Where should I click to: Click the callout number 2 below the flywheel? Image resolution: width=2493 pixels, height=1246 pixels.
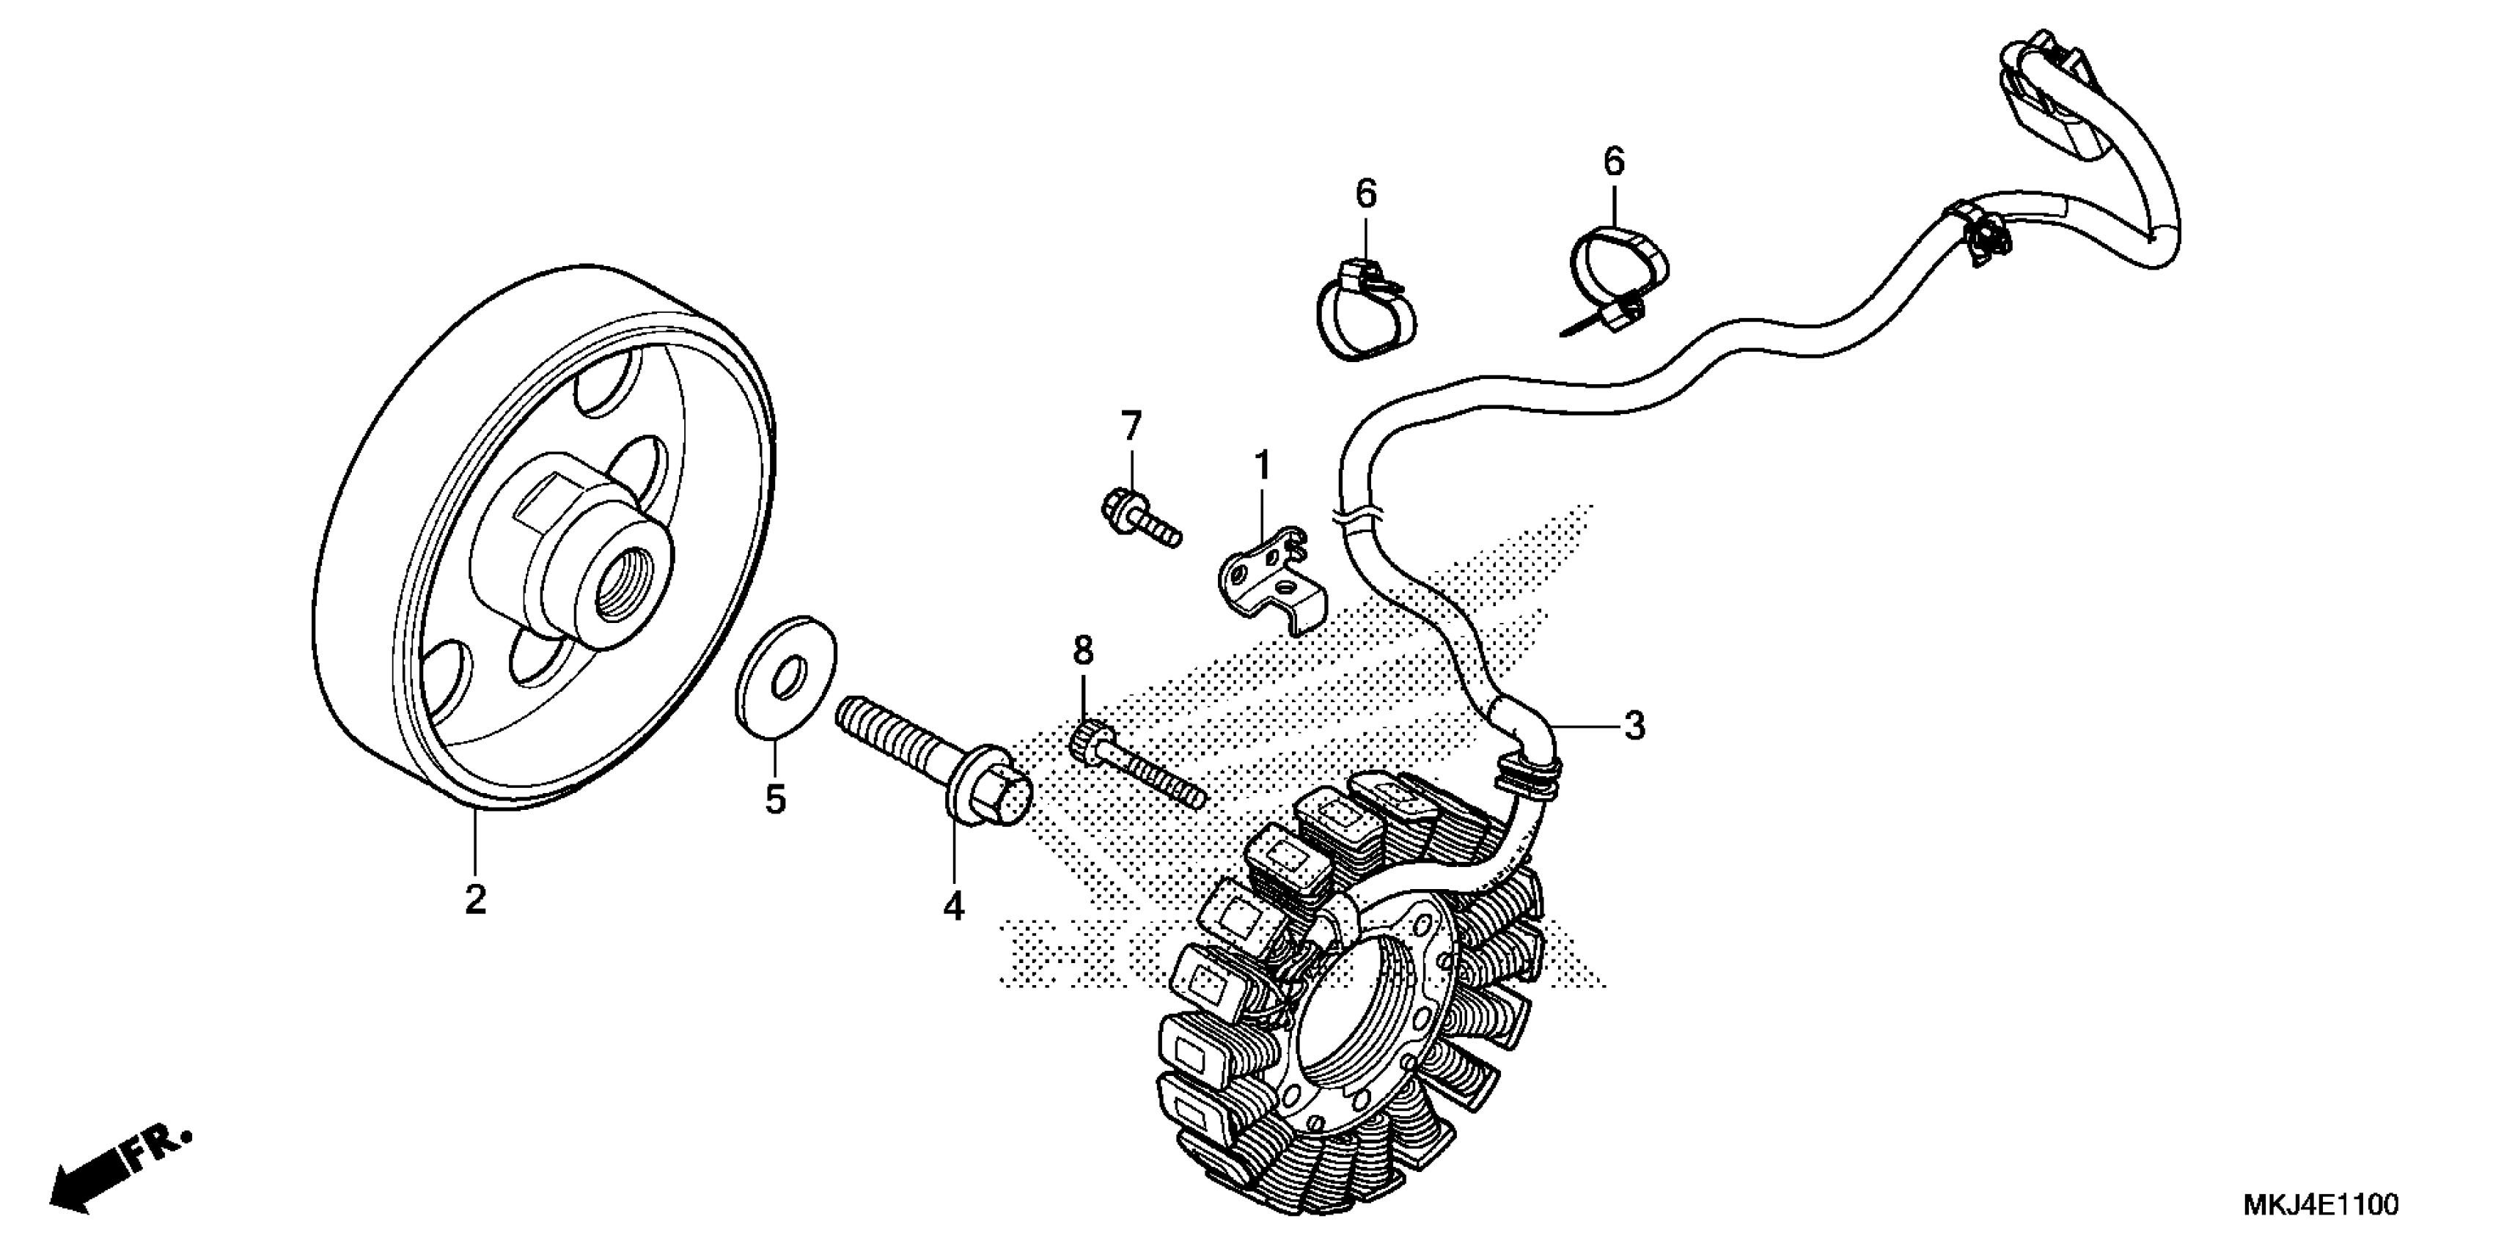[474, 899]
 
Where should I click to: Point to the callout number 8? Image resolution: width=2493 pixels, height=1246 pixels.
[1083, 650]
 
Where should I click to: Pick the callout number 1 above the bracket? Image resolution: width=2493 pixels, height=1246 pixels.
[1262, 465]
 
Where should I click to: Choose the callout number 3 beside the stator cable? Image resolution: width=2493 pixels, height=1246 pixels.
[1634, 726]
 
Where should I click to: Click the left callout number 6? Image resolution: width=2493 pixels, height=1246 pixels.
[1365, 193]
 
